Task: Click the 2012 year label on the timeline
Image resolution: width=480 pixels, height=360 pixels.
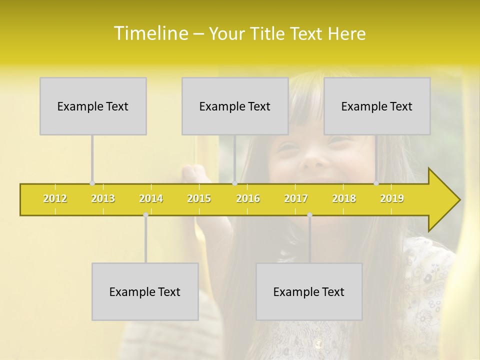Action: [55, 199]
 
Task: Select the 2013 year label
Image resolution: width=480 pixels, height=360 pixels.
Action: [103, 199]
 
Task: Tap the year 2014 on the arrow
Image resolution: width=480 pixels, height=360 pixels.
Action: [151, 199]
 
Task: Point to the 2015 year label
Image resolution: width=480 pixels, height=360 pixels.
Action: [199, 199]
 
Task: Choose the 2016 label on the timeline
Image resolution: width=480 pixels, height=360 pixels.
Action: [248, 199]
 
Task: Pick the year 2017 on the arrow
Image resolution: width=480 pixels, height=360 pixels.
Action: [296, 199]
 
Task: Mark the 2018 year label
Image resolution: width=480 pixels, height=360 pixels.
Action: [344, 199]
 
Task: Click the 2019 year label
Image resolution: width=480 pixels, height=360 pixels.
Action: [392, 199]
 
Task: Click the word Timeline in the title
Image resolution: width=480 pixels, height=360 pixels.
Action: [149, 33]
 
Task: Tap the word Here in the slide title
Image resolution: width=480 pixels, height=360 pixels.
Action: [346, 34]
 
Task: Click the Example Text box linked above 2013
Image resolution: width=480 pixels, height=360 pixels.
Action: [93, 106]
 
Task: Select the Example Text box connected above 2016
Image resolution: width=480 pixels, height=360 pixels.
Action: [235, 106]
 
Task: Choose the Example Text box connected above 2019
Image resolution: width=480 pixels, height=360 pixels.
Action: [377, 106]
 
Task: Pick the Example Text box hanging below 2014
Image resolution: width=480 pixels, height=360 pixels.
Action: [145, 291]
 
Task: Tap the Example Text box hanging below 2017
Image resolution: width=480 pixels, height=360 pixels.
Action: [309, 291]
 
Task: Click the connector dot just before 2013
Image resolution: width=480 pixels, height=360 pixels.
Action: [92, 183]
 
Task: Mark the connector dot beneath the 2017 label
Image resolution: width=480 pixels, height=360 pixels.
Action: [309, 215]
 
